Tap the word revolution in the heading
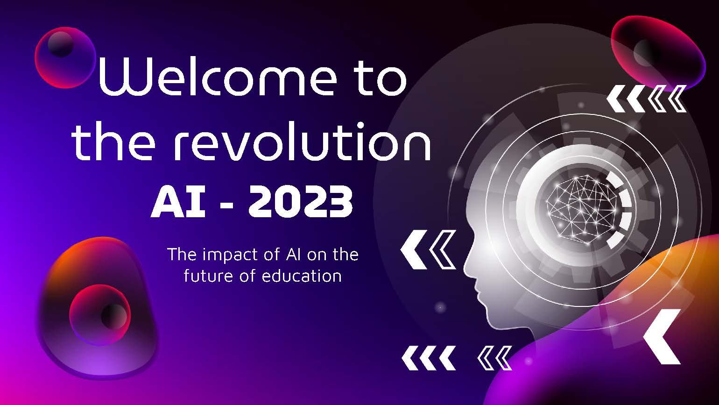(x=303, y=142)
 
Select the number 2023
(x=301, y=202)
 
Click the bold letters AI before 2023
(x=178, y=202)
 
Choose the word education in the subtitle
(x=302, y=276)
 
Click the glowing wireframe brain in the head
(x=581, y=209)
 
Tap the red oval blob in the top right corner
(x=658, y=53)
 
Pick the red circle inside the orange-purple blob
(x=100, y=315)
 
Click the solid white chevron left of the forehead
(x=414, y=249)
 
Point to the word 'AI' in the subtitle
(x=293, y=255)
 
